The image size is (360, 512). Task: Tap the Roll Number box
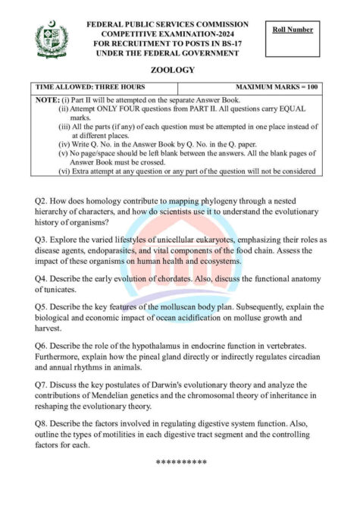[293, 30]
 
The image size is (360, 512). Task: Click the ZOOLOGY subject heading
[178, 70]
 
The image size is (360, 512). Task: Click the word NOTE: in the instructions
[47, 99]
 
